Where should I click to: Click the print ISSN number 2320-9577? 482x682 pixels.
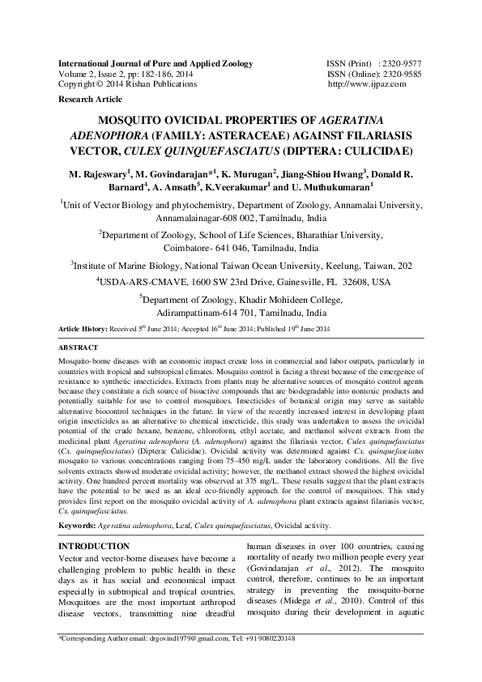[403, 63]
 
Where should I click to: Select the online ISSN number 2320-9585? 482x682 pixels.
[403, 73]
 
